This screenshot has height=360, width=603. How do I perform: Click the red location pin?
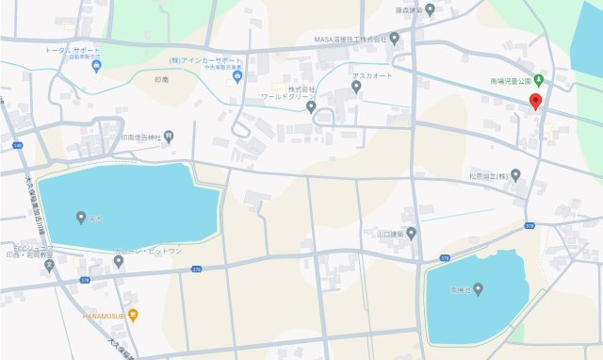535,102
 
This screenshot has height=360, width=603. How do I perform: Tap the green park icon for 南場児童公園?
538,79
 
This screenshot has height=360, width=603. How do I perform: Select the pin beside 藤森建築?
431,10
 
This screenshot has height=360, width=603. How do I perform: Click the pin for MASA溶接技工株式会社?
394,39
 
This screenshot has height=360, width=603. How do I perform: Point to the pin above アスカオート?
356,87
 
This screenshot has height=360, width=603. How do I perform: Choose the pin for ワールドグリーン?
311,106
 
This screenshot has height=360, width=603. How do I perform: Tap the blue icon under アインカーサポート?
237,76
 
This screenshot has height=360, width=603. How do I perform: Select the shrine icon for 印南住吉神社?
169,136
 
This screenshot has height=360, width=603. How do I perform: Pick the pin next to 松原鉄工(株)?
516,175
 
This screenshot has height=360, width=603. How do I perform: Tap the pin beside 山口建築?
411,233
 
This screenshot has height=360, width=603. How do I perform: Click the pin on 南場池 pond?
478,288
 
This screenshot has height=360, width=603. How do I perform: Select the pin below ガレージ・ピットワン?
119,261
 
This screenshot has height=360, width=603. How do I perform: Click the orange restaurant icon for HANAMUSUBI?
133,315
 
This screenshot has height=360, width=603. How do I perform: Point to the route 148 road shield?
18,146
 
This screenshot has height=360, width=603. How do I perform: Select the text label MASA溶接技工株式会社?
350,40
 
